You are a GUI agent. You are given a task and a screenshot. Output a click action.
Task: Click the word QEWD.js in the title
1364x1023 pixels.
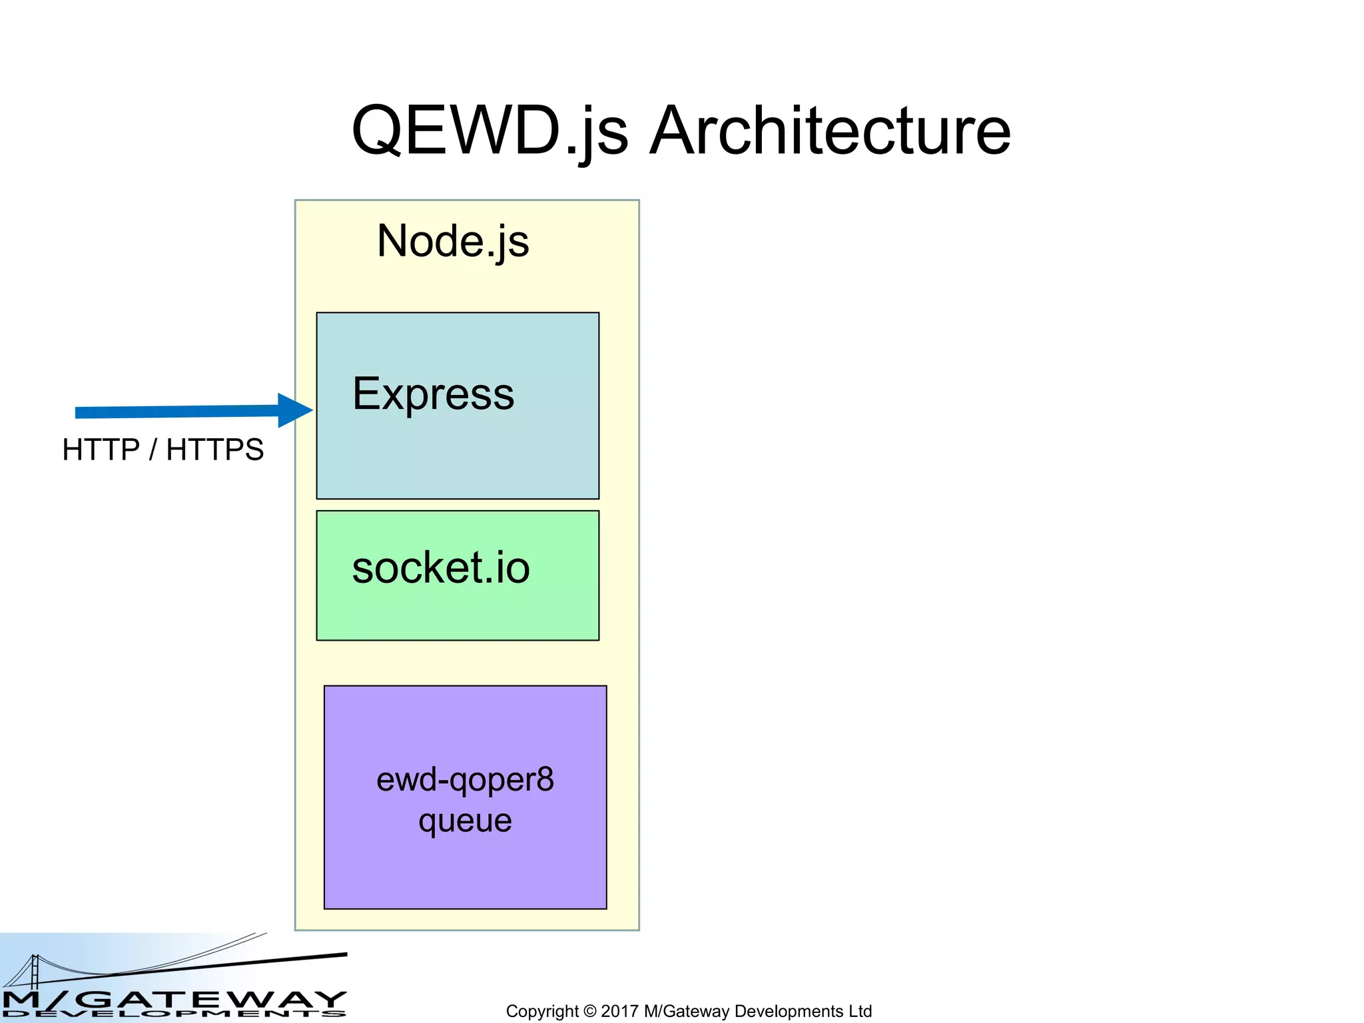pos(490,131)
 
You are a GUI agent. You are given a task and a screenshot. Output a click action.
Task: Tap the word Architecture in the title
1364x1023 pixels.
pos(830,131)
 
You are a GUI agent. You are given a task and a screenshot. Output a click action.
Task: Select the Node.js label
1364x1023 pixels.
pos(453,241)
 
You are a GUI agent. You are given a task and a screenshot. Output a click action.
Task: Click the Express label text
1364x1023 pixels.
pos(434,394)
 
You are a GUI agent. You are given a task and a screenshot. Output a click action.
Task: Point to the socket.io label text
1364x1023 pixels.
pos(441,568)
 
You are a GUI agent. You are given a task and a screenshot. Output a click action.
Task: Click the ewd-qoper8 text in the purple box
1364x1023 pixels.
pos(465,780)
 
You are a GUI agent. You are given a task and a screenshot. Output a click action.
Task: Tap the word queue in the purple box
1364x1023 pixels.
pos(465,821)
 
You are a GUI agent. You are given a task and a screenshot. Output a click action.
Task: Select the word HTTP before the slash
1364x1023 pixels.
pos(101,450)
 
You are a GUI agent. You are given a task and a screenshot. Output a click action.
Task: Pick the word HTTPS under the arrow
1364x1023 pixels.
pos(215,450)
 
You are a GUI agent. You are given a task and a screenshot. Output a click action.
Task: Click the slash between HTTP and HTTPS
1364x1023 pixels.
pos(153,450)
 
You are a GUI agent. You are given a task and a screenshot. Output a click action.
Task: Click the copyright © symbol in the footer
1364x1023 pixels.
pos(590,1011)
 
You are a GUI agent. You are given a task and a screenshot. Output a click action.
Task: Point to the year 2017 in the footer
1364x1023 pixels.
pos(620,1011)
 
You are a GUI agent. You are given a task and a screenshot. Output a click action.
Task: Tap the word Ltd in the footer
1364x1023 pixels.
pos(860,1011)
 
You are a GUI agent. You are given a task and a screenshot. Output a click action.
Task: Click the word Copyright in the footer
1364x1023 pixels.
pos(542,1011)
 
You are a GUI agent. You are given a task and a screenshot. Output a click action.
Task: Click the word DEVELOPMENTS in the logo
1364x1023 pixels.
pos(173,1014)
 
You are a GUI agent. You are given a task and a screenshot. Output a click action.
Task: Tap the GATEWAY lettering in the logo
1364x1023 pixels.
pos(213,1000)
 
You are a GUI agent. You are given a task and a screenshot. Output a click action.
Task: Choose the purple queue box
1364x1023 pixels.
pos(465,866)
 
